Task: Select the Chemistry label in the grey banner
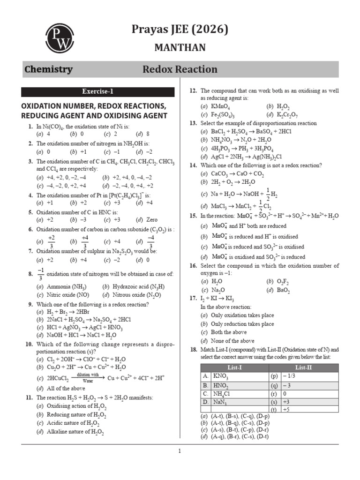pyautogui.click(x=48, y=70)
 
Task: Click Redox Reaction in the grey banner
pyautogui.click(x=180, y=70)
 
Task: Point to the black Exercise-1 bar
pyautogui.click(x=97, y=92)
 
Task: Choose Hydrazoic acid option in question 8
pyautogui.click(x=134, y=286)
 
